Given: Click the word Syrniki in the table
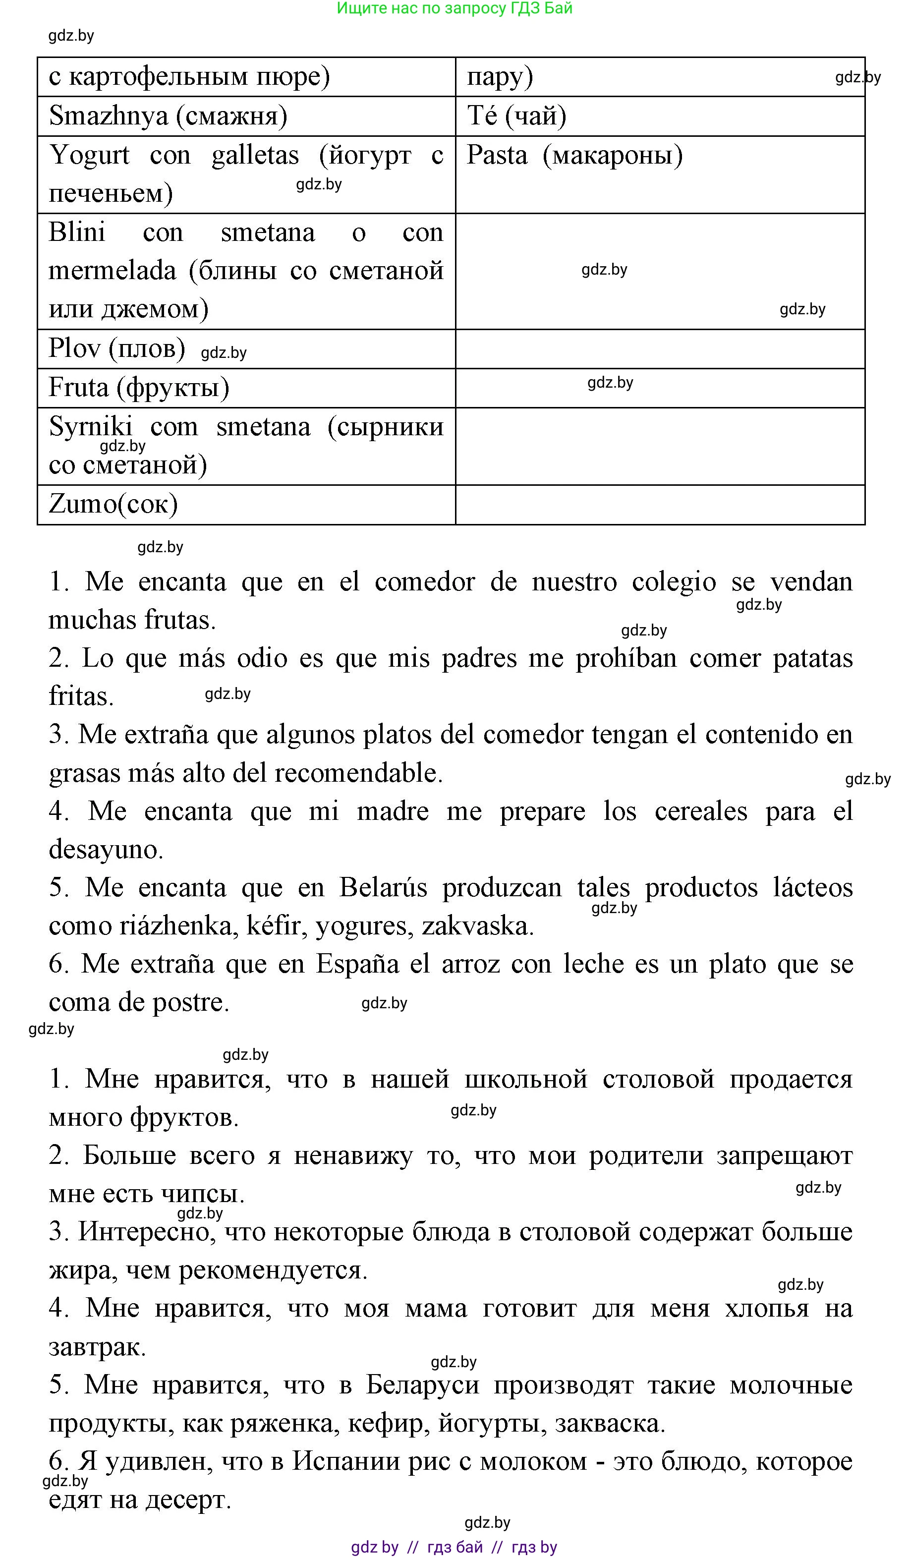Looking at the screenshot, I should pyautogui.click(x=90, y=427).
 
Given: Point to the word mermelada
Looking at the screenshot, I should pyautogui.click(x=112, y=271).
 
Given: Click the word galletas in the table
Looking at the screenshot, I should pyautogui.click(x=255, y=155).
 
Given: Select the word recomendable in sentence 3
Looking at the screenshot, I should pyautogui.click(x=358, y=773).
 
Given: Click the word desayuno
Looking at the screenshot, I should pyautogui.click(x=106, y=850).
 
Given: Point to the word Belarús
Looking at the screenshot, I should pyautogui.click(x=383, y=888).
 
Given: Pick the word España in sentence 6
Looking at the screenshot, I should pyautogui.click(x=357, y=964).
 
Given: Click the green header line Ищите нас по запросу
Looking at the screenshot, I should pyautogui.click(x=455, y=8).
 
